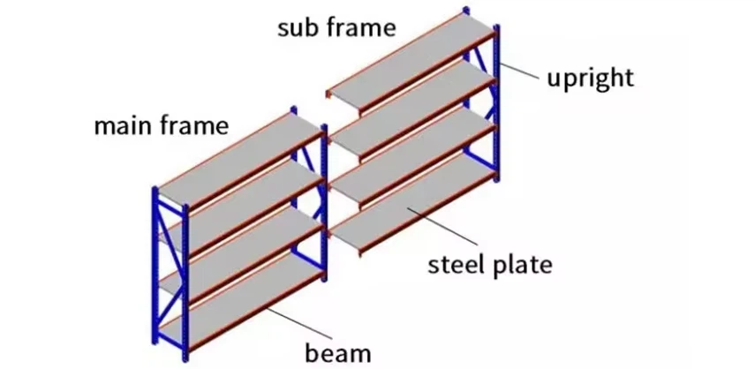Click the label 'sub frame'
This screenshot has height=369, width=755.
click(336, 27)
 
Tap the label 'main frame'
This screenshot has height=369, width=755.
click(161, 125)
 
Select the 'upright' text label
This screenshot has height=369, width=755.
click(590, 78)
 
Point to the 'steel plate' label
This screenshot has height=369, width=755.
click(490, 263)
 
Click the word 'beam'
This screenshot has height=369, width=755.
click(338, 353)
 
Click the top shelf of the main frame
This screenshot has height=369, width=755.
click(238, 159)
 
